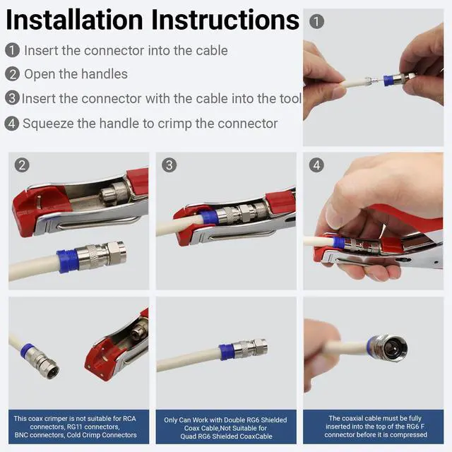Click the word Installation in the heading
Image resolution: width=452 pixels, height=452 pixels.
[74, 20]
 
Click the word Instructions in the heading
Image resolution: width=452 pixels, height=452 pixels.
[225, 20]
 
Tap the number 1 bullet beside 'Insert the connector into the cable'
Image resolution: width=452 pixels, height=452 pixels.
[13, 50]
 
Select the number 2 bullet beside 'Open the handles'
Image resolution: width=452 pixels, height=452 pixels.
[13, 74]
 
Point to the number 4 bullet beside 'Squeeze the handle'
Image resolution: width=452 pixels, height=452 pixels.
[12, 124]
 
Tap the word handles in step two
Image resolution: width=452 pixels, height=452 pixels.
[105, 74]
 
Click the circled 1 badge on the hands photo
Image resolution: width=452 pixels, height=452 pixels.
[316, 22]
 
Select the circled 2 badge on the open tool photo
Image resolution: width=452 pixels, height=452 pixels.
[22, 165]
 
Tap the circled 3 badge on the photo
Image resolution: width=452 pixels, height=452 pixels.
[169, 165]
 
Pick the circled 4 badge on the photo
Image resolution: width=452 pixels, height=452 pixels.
[316, 165]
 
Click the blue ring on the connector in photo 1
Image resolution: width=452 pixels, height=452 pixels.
[389, 81]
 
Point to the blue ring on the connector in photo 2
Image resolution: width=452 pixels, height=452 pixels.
[68, 261]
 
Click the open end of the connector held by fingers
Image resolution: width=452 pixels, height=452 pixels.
[393, 347]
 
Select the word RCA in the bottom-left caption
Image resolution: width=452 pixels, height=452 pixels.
[129, 418]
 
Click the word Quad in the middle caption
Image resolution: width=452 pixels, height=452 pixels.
[187, 436]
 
